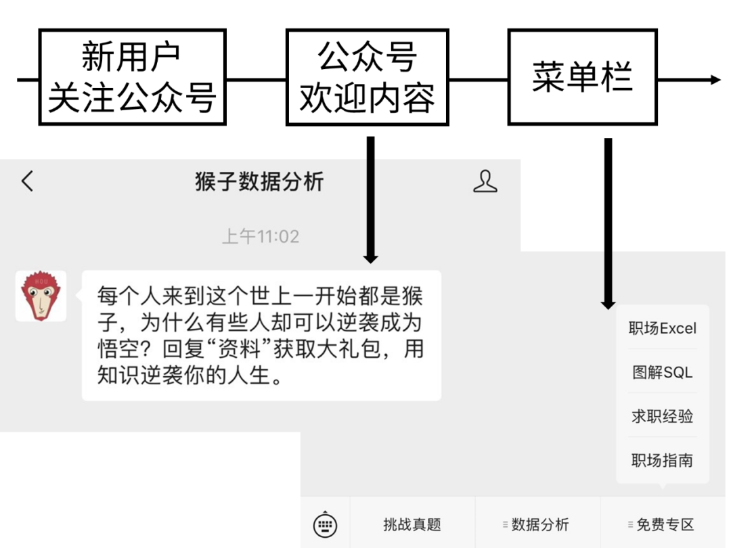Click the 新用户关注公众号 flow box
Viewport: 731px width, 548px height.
click(x=132, y=77)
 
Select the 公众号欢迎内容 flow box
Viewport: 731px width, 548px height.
click(x=368, y=77)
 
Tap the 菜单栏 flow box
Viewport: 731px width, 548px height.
click(x=582, y=77)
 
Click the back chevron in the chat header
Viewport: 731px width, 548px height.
click(x=27, y=181)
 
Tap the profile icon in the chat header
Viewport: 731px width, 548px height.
click(x=485, y=181)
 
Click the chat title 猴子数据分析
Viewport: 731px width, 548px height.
click(x=259, y=181)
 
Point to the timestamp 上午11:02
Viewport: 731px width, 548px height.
click(x=261, y=237)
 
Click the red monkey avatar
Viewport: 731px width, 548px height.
click(x=41, y=296)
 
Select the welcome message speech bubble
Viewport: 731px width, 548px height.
click(x=261, y=336)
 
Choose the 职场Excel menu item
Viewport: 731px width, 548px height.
click(x=662, y=329)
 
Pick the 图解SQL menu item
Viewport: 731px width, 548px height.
click(x=662, y=372)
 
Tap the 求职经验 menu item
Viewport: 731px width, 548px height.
click(x=662, y=416)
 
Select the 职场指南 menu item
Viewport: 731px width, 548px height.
click(x=662, y=461)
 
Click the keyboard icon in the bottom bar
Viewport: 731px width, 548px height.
click(x=325, y=524)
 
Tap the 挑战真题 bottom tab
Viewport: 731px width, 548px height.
click(x=412, y=524)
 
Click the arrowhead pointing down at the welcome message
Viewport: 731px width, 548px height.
click(x=370, y=257)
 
